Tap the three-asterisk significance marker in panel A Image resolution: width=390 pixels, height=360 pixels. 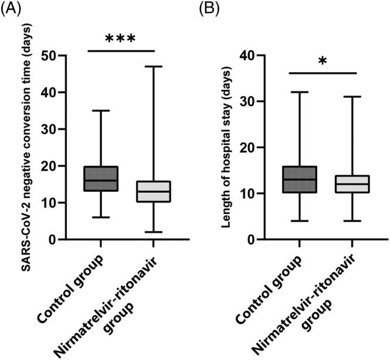[120, 40]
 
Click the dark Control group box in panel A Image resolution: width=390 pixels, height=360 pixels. [101, 178]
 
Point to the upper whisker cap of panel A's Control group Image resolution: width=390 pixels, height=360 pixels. [101, 110]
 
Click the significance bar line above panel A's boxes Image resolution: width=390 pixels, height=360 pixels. [120, 50]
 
